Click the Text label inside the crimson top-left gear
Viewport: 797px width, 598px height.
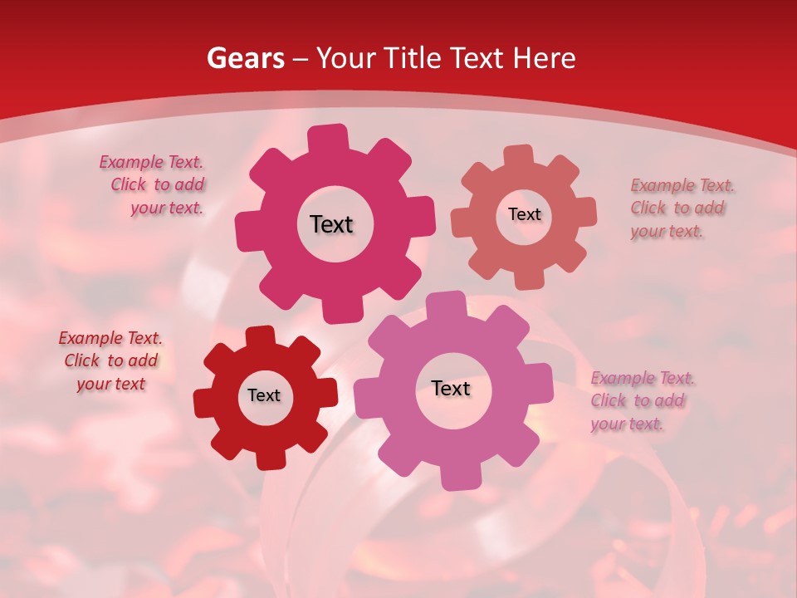coord(331,224)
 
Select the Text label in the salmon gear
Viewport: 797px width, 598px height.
coord(524,214)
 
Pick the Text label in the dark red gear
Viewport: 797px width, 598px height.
coord(264,395)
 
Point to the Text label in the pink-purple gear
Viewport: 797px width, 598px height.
coord(451,388)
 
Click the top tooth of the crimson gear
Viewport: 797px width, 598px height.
coord(329,136)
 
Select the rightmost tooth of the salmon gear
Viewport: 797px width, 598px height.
coord(586,211)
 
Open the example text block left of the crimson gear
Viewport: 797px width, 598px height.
coord(154,185)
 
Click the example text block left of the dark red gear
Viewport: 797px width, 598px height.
coord(110,360)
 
